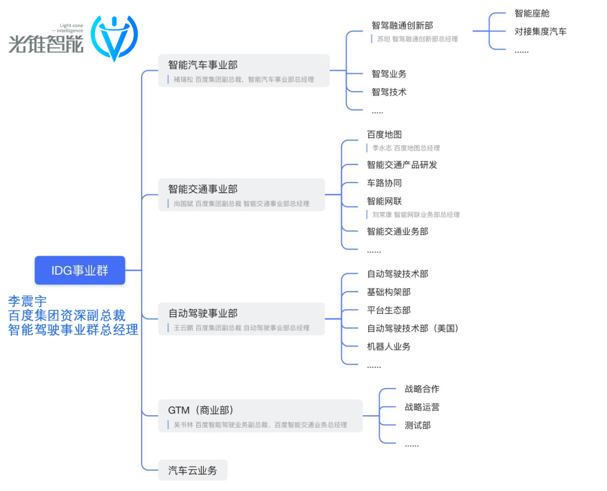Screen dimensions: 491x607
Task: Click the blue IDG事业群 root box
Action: tap(80, 270)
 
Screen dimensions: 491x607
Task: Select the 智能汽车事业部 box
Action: tap(243, 70)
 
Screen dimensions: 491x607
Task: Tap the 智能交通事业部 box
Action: tap(241, 194)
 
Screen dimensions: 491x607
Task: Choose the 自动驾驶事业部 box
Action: tap(241, 319)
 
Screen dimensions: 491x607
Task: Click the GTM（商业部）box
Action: tap(260, 416)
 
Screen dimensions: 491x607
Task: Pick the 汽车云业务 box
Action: tap(192, 470)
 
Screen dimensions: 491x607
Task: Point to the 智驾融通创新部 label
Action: tap(402, 25)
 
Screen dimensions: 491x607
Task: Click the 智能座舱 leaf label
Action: tap(532, 13)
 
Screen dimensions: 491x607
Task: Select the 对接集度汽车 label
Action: tap(540, 31)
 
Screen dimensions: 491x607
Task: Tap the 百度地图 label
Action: tap(384, 135)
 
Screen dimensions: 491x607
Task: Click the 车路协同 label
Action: tap(384, 183)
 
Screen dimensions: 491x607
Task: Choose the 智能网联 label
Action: tap(384, 201)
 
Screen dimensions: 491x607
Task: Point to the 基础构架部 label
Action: tap(388, 292)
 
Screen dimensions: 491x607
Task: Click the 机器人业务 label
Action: tap(388, 347)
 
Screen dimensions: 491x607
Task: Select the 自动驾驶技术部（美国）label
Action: tap(413, 328)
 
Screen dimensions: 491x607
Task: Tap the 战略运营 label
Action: tap(422, 407)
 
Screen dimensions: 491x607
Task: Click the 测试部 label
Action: tap(417, 425)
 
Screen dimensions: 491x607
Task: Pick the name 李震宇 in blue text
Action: tap(27, 301)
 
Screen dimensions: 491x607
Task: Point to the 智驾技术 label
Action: tap(388, 92)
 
